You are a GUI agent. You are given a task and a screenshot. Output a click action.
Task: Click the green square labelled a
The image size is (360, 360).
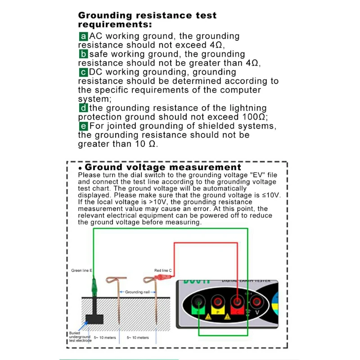pyautogui.click(x=83, y=36)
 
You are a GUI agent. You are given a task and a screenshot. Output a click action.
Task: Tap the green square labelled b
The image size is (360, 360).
pyautogui.click(x=83, y=54)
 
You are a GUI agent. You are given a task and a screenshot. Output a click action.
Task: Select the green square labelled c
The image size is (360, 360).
pyautogui.click(x=83, y=72)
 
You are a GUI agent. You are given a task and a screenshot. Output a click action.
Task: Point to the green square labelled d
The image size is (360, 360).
pyautogui.click(x=83, y=108)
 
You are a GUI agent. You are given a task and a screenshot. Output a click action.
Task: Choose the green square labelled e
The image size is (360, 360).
pyautogui.click(x=83, y=126)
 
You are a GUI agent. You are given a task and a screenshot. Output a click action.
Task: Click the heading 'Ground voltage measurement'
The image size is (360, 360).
pyautogui.click(x=163, y=167)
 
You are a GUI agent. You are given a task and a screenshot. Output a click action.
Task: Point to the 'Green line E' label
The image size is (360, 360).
pyautogui.click(x=82, y=271)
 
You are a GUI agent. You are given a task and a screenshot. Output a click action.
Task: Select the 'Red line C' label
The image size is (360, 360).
pyautogui.click(x=163, y=271)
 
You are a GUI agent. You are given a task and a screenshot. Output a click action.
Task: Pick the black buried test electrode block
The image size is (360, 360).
pyautogui.click(x=95, y=319)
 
